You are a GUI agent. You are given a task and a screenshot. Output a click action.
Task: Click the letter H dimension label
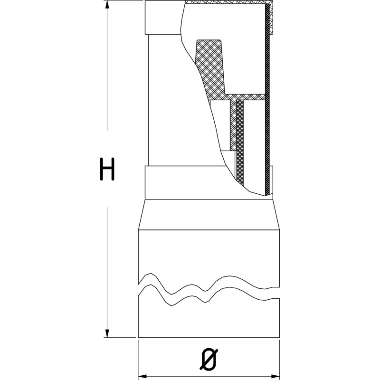click(107, 169)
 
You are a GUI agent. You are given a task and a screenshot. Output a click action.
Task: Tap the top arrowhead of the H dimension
click(107, 4)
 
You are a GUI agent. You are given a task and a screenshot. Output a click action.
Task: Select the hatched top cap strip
click(228, 2)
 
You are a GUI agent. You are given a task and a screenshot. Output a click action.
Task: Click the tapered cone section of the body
click(209, 215)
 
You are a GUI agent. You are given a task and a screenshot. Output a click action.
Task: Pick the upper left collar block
click(163, 18)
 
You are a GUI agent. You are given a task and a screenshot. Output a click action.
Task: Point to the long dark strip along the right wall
click(267, 99)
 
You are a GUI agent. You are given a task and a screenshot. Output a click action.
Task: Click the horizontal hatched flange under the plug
click(245, 97)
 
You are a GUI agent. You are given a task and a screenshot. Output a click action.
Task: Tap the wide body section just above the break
click(209, 255)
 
